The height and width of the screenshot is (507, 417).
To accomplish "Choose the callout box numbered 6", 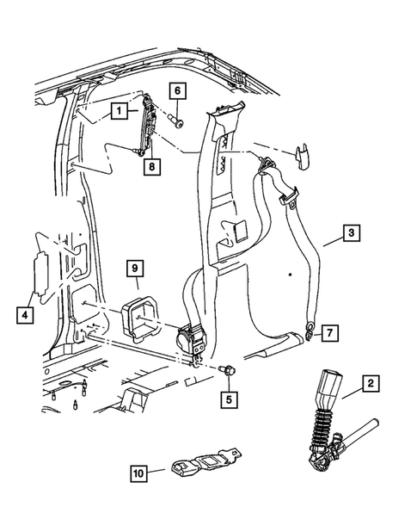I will tap(177, 90).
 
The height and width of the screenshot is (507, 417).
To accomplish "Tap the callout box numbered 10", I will tap(140, 472).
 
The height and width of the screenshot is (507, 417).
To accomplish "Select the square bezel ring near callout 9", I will tap(140, 316).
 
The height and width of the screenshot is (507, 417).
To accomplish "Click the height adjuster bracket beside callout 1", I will tap(147, 123).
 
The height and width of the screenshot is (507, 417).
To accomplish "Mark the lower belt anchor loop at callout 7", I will tap(309, 327).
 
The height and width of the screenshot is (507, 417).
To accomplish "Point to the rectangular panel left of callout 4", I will tap(39, 275).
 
